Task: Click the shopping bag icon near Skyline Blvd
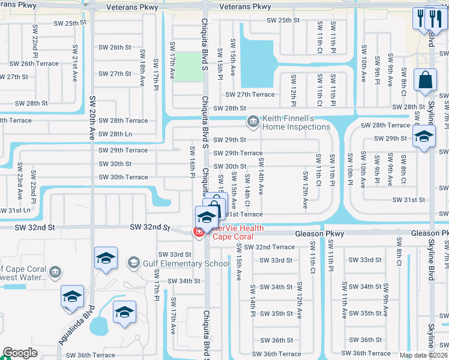coord(425,81)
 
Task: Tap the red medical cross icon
coord(197,232)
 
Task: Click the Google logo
coord(20,353)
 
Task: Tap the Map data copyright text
coord(423,355)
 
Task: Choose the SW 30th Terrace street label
coord(123,177)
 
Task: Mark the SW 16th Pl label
coord(193,161)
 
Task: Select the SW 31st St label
coord(409,200)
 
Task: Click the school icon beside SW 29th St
coord(424,137)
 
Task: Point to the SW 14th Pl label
coord(253,306)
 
